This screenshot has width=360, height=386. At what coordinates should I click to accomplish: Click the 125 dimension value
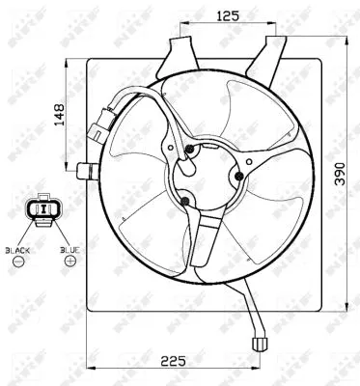tap(227, 16)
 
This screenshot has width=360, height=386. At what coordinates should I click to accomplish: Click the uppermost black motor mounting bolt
tap(191, 149)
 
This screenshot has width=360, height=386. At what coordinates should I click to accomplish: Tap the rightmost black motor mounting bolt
tap(237, 177)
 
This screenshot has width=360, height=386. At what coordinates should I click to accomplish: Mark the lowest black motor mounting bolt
tap(183, 201)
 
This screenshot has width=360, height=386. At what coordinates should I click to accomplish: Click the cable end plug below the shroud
tap(259, 341)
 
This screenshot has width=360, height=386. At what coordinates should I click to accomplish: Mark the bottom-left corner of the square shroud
tap(89, 311)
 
